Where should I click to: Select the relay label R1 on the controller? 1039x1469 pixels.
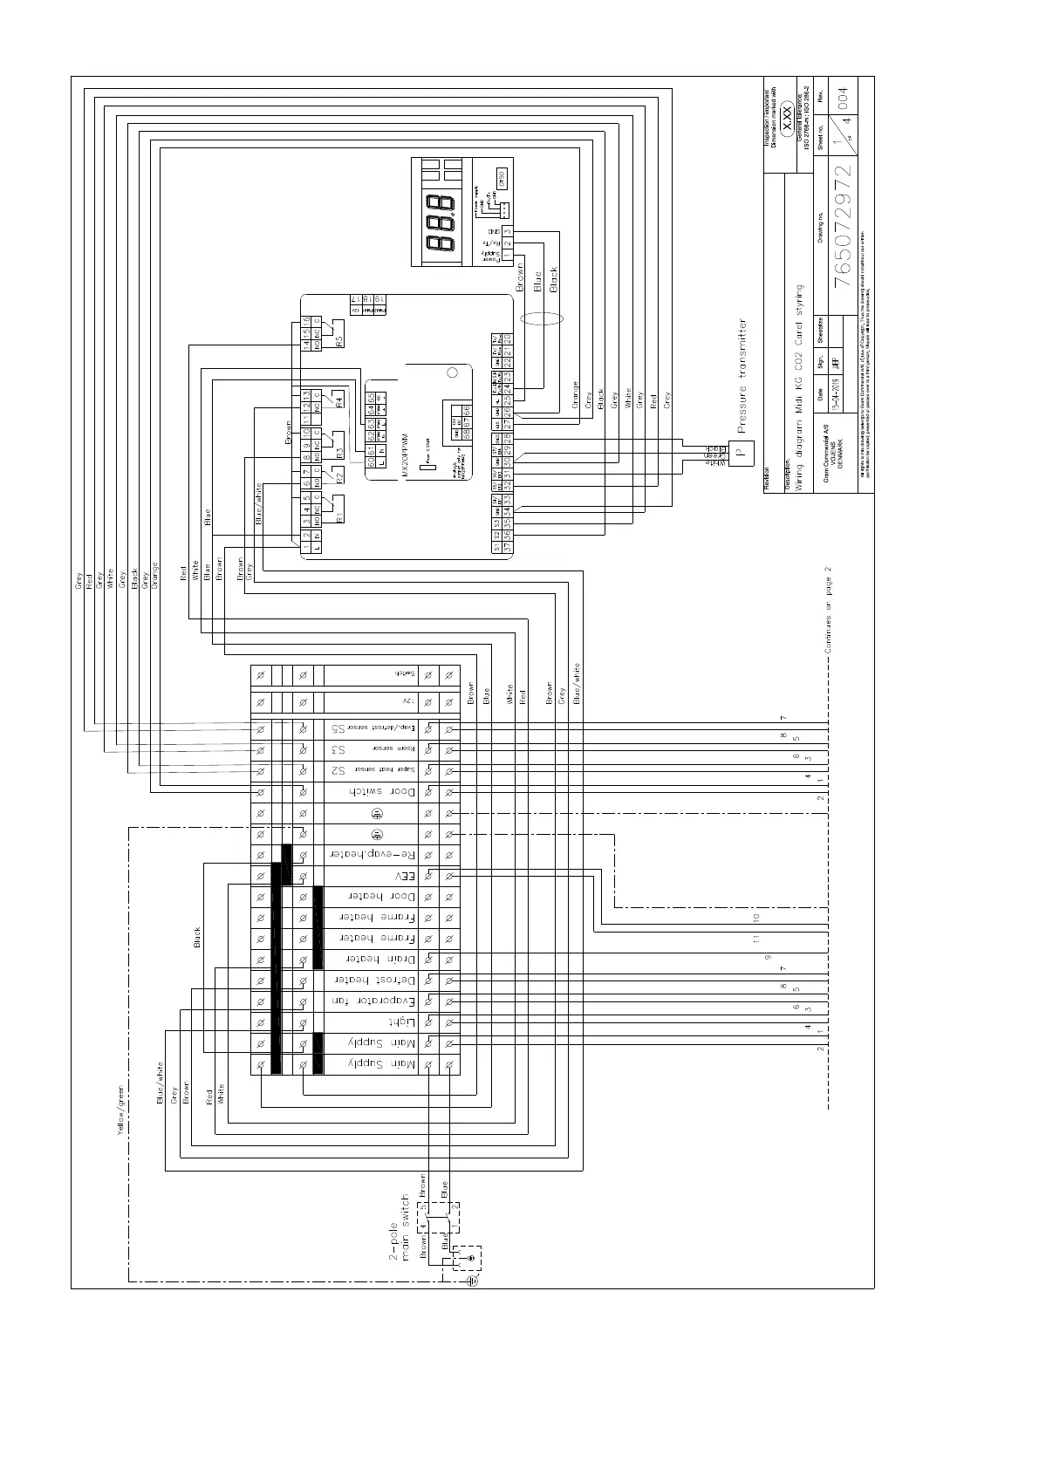pyautogui.click(x=339, y=518)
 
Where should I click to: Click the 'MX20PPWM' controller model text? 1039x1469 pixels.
pyautogui.click(x=404, y=454)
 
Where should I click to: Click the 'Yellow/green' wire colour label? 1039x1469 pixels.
pyautogui.click(x=121, y=1109)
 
